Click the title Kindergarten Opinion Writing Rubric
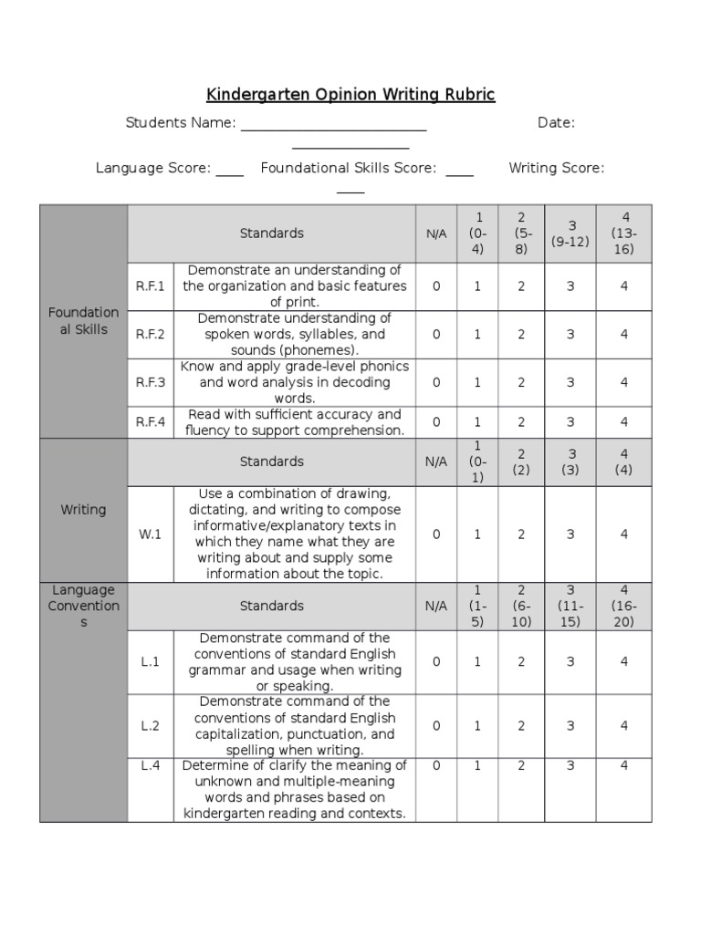(x=350, y=95)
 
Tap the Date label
(x=556, y=123)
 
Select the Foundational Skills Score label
(x=348, y=168)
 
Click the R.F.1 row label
(x=150, y=286)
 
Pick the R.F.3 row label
(x=150, y=382)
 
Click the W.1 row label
(x=150, y=534)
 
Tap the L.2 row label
(x=150, y=725)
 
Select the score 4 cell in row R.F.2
(x=624, y=335)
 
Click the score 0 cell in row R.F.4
(x=436, y=421)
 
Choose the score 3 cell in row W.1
(x=570, y=534)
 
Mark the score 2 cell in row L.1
(x=521, y=661)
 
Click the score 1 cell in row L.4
(x=476, y=766)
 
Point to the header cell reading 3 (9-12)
(x=570, y=233)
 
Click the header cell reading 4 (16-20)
(x=624, y=606)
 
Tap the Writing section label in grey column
(x=83, y=510)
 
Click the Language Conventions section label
(x=83, y=606)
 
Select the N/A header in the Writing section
(x=436, y=462)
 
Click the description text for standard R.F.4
(x=294, y=421)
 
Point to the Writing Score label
(x=556, y=168)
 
